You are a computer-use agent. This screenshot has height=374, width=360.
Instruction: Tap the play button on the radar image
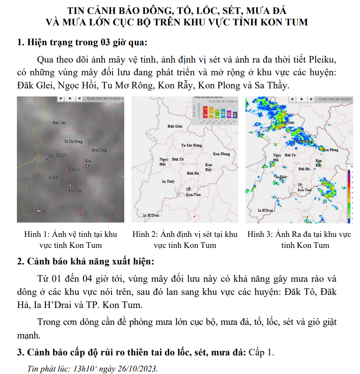pyautogui.click(x=302, y=99)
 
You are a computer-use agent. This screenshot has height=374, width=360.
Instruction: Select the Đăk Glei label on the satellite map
pyautogui.click(x=59, y=123)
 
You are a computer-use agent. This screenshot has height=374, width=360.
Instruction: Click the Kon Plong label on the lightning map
pyautogui.click(x=222, y=154)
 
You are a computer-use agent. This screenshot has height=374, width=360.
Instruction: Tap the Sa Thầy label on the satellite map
pyautogui.click(x=53, y=177)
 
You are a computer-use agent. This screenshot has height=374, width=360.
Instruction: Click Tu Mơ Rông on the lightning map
pyautogui.click(x=191, y=145)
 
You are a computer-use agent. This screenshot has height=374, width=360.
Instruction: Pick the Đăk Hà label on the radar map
pyautogui.click(x=304, y=168)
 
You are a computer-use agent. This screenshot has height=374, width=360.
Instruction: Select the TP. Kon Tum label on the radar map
pyautogui.click(x=305, y=187)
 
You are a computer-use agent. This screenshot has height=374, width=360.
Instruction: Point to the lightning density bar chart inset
pyautogui.click(x=215, y=110)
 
